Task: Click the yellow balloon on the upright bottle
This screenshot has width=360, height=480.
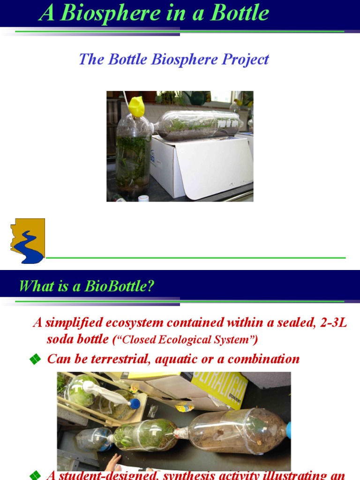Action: (x=136, y=107)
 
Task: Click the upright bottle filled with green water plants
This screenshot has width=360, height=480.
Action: (x=133, y=155)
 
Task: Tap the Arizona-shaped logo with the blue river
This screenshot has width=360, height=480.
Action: (x=28, y=240)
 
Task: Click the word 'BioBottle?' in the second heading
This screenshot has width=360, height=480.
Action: (x=119, y=286)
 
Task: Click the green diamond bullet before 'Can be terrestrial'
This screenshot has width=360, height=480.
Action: (x=34, y=360)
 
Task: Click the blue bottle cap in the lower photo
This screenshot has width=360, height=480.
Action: (x=135, y=403)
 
